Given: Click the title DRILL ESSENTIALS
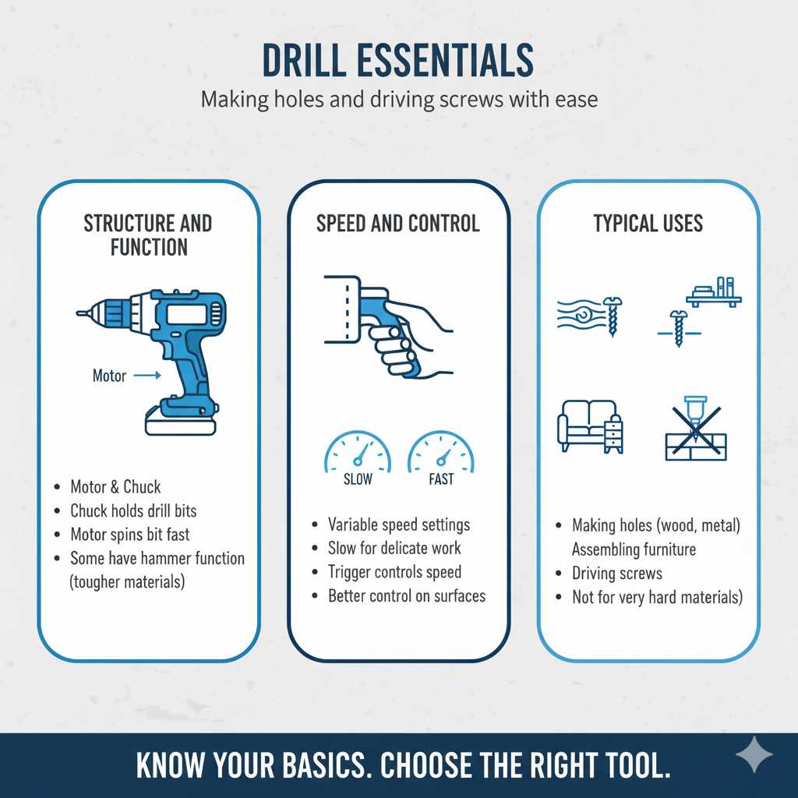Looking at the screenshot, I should point(398,61).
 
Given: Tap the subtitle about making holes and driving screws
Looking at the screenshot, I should point(398,100).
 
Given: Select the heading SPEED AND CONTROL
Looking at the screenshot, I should point(397,224).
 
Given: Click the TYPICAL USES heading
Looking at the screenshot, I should point(648,224).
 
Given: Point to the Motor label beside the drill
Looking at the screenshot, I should point(109,376).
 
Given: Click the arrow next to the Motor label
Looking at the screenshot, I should point(147,376).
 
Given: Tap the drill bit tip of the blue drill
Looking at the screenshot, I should point(81,313).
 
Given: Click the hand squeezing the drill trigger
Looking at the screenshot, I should point(409,331).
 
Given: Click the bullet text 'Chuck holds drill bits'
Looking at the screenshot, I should point(133,511).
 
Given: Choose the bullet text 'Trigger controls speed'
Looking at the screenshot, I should point(394,572).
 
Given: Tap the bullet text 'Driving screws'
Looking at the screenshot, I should point(616,574).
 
